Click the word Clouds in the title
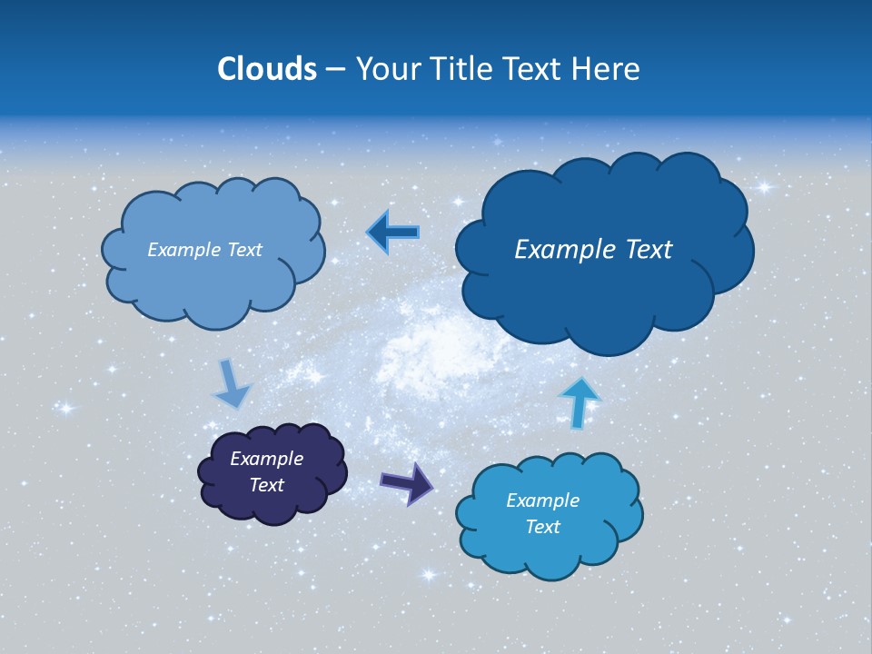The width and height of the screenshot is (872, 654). pos(266,69)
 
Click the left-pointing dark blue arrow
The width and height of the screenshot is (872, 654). pos(392,233)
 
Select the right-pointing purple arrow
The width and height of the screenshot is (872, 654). pos(406,482)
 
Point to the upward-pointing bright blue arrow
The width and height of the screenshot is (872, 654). pos(580,402)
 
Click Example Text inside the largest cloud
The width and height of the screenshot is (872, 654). pos(593,250)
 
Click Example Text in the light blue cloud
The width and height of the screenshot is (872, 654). pos(204,250)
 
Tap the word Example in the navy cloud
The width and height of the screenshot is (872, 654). pos(266,459)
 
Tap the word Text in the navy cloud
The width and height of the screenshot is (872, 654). pos(266,485)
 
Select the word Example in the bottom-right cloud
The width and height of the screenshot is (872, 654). pos(542,500)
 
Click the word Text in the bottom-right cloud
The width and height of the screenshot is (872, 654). pos(542,527)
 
